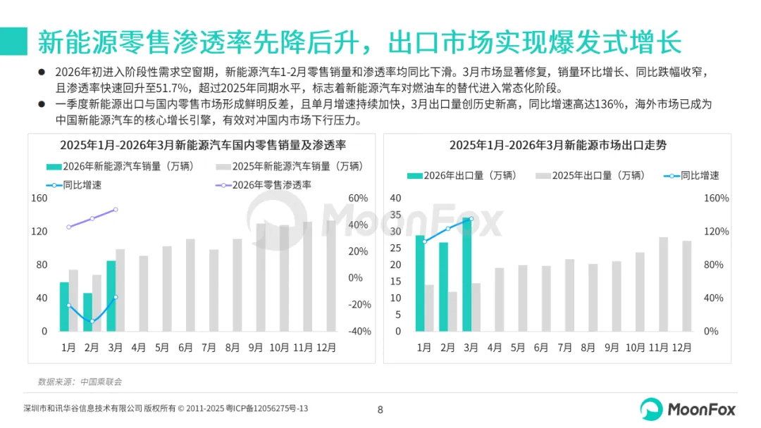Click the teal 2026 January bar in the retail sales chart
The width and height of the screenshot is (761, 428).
[x=64, y=307]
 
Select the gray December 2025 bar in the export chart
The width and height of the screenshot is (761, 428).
[x=687, y=286]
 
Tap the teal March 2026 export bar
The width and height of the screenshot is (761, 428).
[x=467, y=275]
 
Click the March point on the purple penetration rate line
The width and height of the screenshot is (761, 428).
[x=116, y=210]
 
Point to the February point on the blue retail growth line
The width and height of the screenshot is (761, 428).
[x=92, y=321]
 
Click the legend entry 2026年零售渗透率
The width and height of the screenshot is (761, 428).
[x=264, y=185]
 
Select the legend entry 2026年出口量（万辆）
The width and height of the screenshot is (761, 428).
[x=462, y=175]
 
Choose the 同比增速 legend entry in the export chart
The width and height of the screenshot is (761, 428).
[x=691, y=175]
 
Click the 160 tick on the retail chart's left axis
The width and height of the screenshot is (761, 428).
[x=39, y=199]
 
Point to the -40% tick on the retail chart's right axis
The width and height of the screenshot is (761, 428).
[x=359, y=332]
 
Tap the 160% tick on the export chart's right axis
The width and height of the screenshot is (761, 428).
[x=717, y=199]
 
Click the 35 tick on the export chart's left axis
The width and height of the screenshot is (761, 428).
[x=395, y=215]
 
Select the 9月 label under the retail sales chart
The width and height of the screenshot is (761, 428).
[x=255, y=348]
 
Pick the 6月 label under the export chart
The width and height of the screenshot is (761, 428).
[x=540, y=348]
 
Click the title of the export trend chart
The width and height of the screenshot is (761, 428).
[x=557, y=145]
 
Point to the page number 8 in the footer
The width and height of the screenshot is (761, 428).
[x=380, y=410]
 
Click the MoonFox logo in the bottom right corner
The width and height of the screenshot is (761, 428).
[x=688, y=409]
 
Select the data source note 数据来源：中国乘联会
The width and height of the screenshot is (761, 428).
[x=80, y=382]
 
